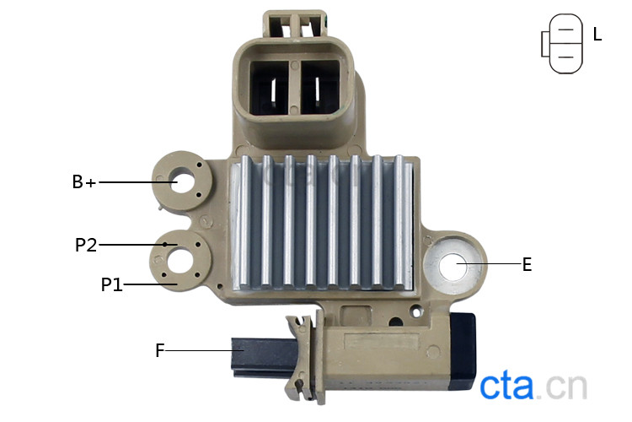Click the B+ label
click(84, 182)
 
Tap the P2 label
click(86, 245)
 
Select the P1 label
click(111, 284)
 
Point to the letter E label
click(527, 265)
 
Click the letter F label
click(160, 350)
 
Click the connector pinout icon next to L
click(562, 44)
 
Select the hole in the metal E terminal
click(453, 266)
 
